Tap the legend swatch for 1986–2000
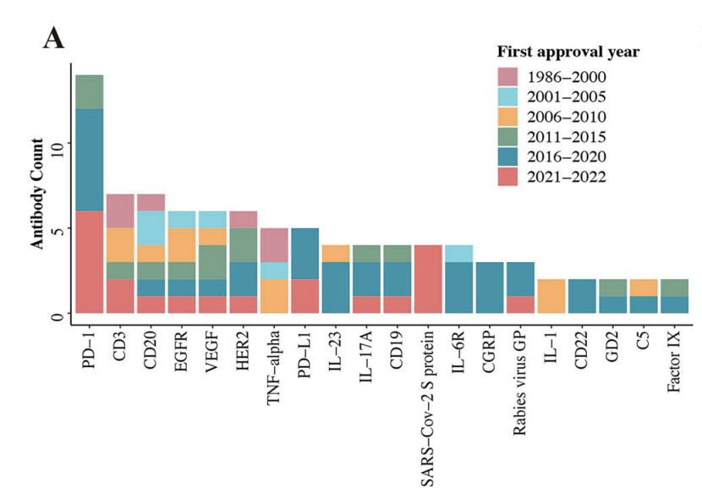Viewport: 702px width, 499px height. tap(511, 75)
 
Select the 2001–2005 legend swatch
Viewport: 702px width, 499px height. tap(511, 96)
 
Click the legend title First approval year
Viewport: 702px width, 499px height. tap(568, 52)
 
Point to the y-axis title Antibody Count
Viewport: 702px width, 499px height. tap(37, 195)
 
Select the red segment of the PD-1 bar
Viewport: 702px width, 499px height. tap(90, 262)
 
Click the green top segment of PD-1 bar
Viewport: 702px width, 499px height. tap(90, 92)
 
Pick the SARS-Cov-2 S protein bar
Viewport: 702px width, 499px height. tap(429, 279)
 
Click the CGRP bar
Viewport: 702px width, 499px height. tap(490, 288)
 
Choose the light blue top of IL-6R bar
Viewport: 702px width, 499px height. tap(459, 254)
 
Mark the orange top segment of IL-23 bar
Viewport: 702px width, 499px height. tap(337, 254)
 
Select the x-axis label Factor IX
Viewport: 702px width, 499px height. tap(674, 359)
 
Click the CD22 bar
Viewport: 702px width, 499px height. tap(582, 296)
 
